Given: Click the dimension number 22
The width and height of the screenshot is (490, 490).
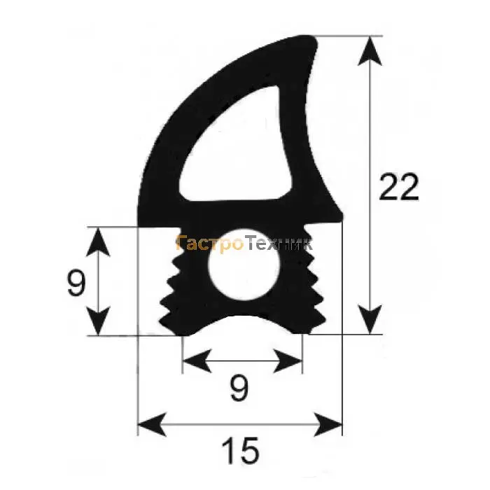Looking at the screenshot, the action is (399, 187).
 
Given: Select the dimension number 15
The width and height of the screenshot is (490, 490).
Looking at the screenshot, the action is (240, 450).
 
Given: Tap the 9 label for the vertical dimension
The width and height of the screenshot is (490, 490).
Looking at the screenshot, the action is (76, 283).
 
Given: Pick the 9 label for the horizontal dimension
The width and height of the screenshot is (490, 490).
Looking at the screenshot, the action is (239, 388).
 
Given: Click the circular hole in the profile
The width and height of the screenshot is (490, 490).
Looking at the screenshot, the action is (245, 265).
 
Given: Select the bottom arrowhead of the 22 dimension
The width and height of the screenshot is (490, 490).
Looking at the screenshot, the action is (370, 319).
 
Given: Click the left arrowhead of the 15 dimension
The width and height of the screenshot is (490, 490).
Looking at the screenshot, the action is (152, 424).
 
